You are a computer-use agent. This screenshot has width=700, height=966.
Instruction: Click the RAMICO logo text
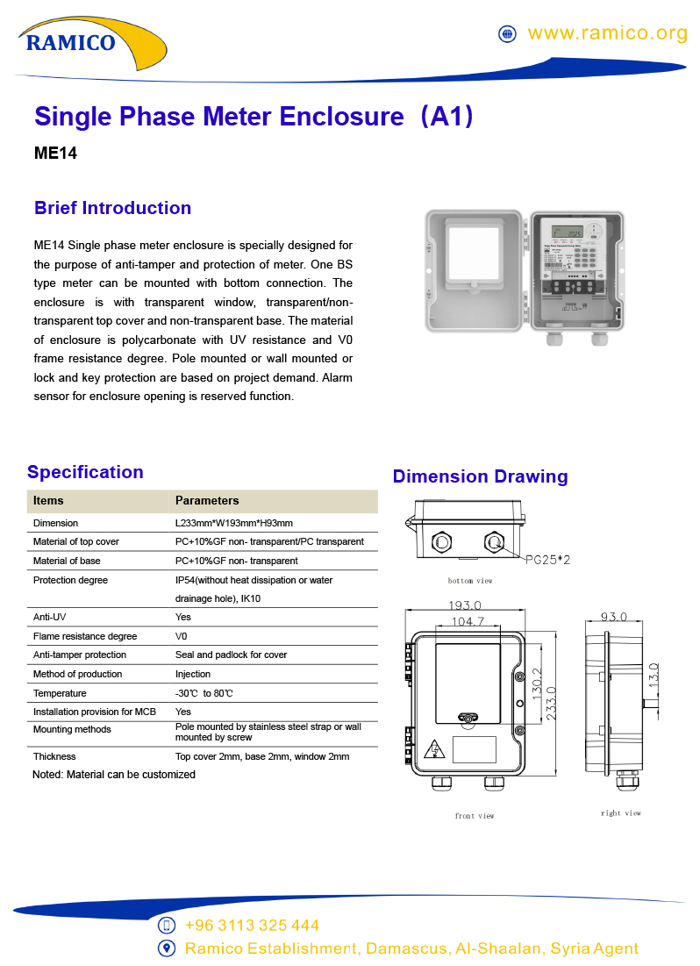coord(70,42)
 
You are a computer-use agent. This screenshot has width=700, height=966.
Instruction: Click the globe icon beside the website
coord(507,34)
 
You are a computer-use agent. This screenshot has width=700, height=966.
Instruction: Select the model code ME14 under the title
coord(55,153)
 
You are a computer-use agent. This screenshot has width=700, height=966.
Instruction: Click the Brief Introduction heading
coord(112,208)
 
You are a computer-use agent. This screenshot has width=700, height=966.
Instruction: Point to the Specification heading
coord(85,472)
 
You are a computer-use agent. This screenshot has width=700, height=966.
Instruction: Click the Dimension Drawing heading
coord(480,476)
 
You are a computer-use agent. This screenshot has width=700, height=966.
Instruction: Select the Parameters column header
coord(207,501)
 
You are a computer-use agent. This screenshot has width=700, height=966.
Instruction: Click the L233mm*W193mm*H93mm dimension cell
coord(234,523)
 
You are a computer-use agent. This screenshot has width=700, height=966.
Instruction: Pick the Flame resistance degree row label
coord(85,636)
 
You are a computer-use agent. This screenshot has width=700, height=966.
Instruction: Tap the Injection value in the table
coord(193,674)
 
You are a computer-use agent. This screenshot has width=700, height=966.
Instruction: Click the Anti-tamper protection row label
coord(80,655)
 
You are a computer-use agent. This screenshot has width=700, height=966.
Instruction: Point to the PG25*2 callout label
coord(547,559)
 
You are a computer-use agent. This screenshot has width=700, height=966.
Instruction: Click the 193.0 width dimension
coord(465,605)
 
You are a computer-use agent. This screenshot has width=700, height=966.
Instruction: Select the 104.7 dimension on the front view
coord(468,621)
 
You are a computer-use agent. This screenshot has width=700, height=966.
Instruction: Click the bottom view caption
coord(470,581)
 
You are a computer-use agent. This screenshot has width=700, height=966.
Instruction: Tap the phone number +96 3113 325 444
coord(252,926)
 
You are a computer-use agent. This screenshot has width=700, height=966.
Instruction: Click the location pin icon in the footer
coord(167,948)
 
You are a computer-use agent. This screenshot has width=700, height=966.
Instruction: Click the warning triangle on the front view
coord(433,749)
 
